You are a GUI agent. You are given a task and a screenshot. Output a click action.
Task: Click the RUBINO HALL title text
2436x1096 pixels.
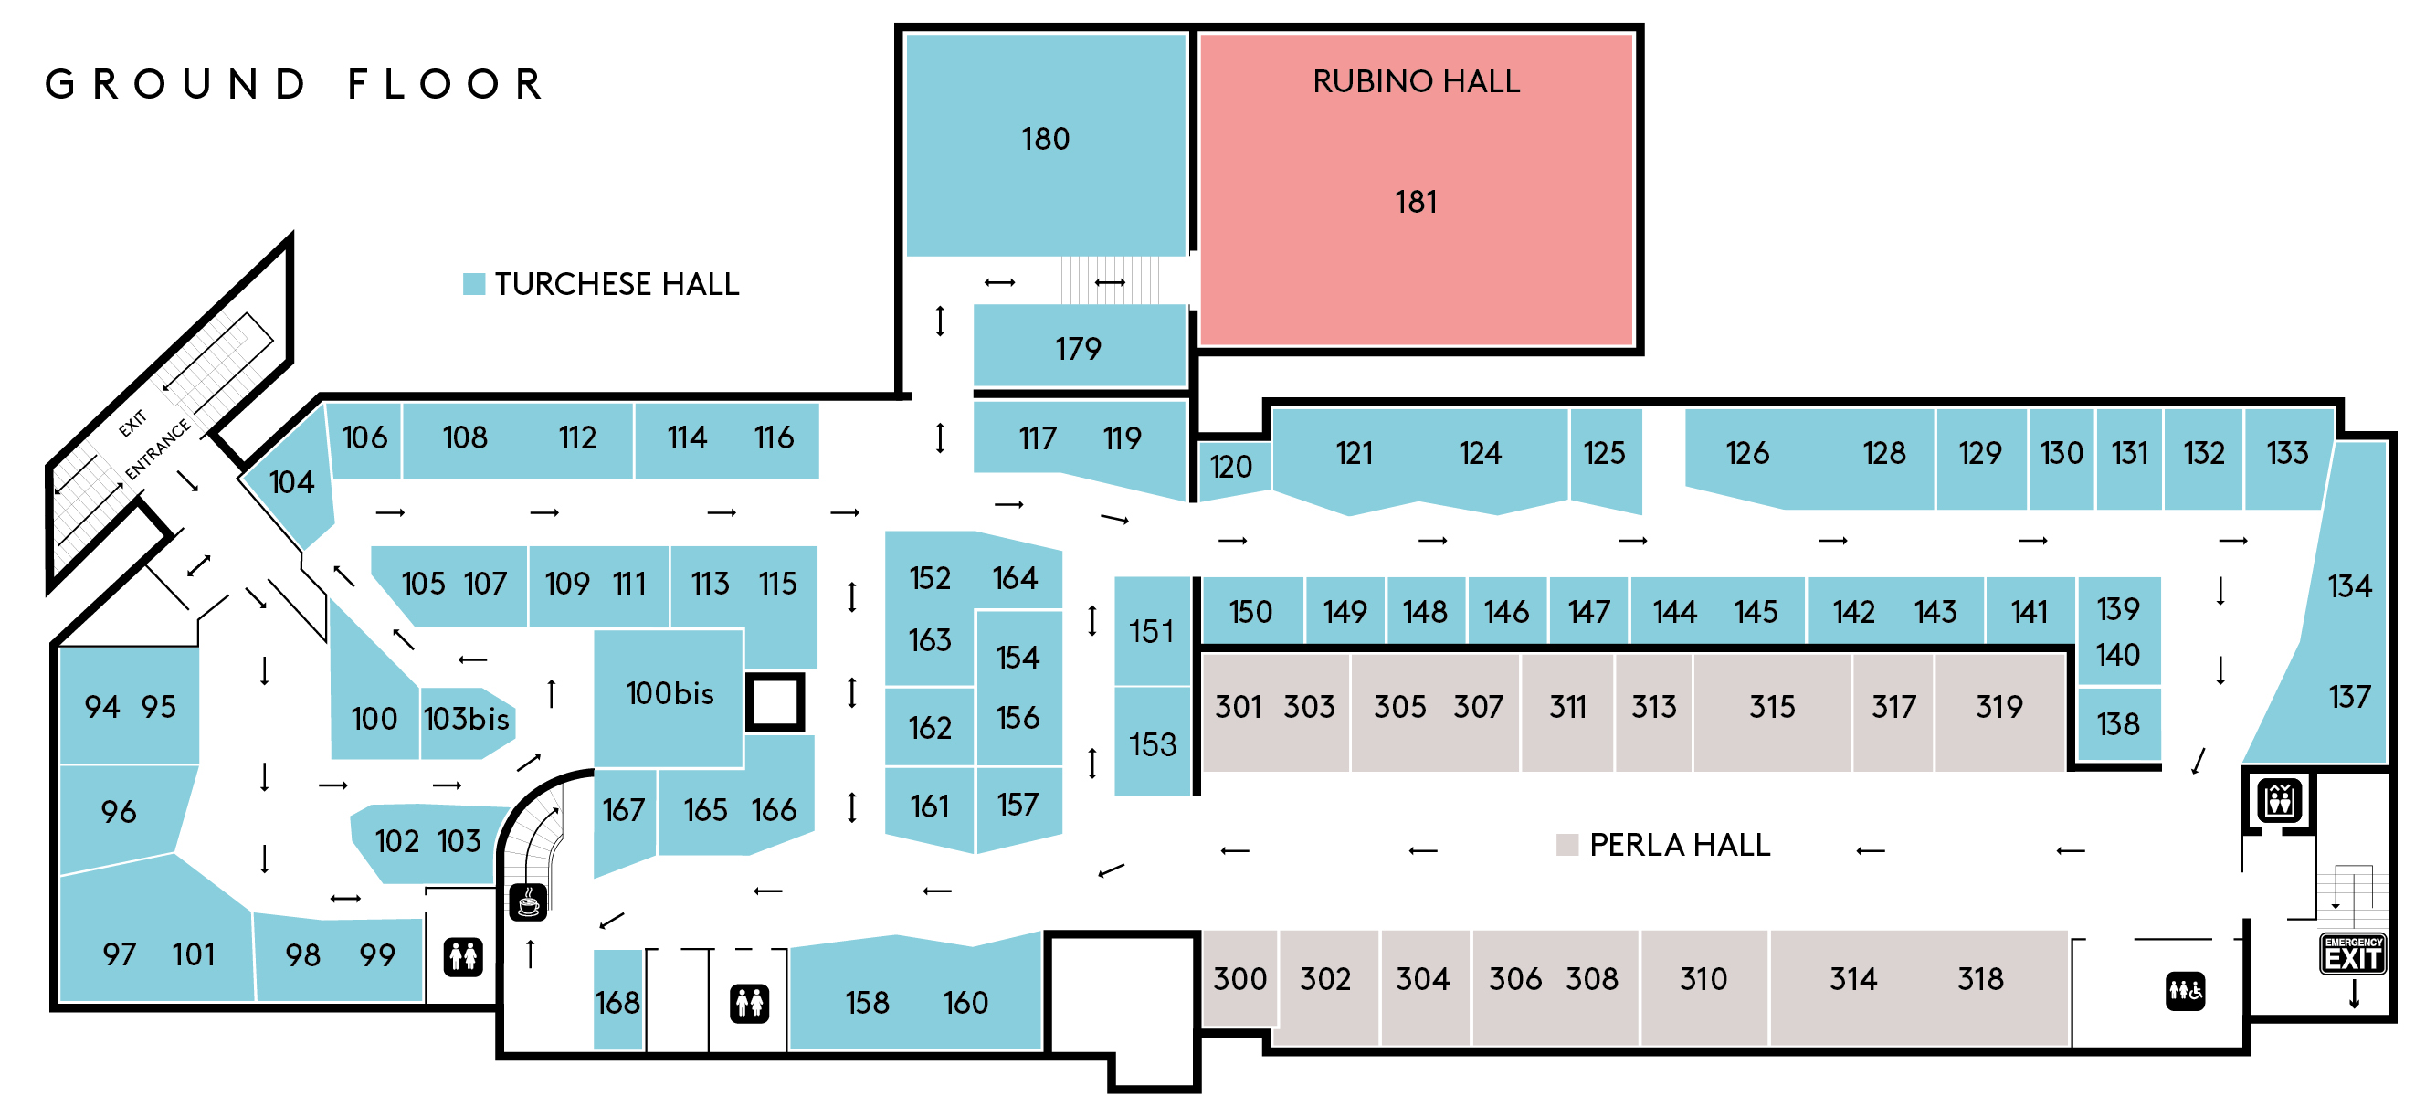coord(1416,81)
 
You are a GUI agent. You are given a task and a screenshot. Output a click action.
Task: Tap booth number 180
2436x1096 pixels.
coord(1045,139)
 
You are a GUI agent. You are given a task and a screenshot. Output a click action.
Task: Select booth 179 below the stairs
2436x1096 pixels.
coord(1078,349)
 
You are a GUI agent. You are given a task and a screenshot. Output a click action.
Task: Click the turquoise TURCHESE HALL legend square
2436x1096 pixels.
coord(474,284)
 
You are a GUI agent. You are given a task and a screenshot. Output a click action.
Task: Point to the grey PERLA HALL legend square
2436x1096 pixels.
coord(1567,845)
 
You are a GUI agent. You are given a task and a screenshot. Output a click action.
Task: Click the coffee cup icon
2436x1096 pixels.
coord(529,901)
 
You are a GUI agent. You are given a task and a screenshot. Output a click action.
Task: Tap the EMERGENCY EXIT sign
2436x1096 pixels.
coord(2353,954)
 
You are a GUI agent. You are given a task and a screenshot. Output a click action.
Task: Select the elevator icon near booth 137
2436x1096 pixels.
coord(2279,800)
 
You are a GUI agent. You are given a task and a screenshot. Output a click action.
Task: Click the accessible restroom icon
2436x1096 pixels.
coord(2186,991)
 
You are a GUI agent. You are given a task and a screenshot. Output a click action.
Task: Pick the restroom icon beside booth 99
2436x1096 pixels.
coord(463,957)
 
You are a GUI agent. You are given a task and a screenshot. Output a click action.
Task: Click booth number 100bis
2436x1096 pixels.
coord(670,693)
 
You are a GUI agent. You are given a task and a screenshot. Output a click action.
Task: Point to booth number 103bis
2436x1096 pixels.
coord(466,719)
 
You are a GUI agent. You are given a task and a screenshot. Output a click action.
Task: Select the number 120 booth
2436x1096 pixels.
coord(1230,467)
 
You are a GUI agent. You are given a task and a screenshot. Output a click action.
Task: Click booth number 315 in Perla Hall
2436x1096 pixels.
coord(1771,706)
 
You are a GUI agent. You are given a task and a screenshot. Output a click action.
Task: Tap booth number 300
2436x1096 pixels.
coord(1239,979)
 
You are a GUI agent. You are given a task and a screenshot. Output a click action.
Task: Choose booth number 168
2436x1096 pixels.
coord(617,1002)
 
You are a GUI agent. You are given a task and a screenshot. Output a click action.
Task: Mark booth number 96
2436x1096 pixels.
coord(118,811)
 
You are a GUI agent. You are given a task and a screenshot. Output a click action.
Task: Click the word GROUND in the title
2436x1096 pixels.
coord(176,84)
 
